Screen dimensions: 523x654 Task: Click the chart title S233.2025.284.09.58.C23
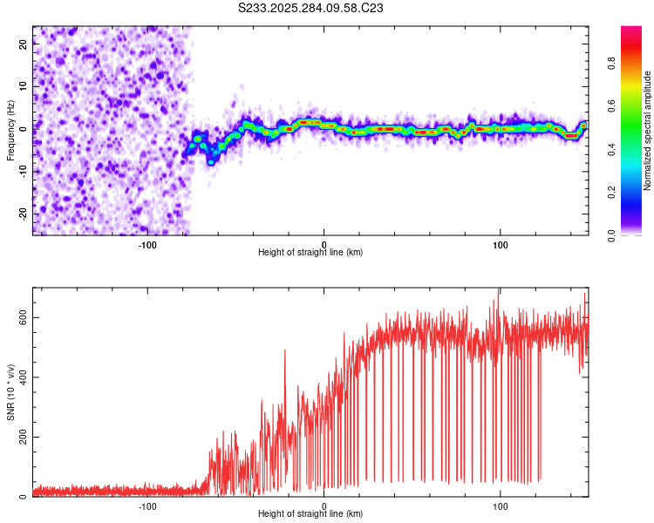coord(311,8)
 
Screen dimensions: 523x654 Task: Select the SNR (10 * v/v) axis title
coord(11,391)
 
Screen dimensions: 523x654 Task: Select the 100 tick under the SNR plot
coord(501,505)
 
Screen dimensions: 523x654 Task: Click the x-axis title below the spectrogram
coord(310,253)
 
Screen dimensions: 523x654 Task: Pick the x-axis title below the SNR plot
coord(310,514)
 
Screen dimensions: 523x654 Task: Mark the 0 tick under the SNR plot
coord(324,505)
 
